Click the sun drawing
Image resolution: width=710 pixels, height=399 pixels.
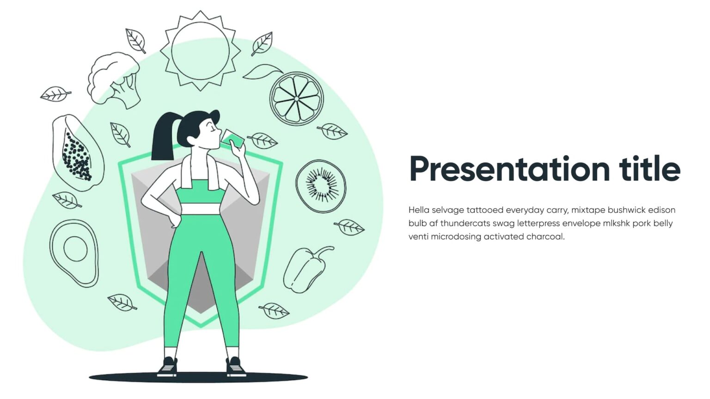coord(200,50)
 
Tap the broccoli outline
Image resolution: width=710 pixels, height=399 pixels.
coord(114,78)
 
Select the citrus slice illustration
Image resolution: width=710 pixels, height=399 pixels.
coord(296,98)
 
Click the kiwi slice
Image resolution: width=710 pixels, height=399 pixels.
coord(321,186)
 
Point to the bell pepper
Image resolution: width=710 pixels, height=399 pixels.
coord(306,270)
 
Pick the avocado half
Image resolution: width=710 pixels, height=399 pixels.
coord(74,253)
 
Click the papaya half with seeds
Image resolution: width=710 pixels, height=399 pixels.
coord(77,153)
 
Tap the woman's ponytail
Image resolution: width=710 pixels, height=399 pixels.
coord(163,137)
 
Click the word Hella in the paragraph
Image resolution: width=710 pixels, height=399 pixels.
coord(418,210)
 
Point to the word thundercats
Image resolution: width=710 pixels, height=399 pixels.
coord(465,224)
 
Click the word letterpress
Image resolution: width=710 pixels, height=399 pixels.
coord(539,224)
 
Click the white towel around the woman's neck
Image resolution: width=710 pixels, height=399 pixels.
coord(213,173)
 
